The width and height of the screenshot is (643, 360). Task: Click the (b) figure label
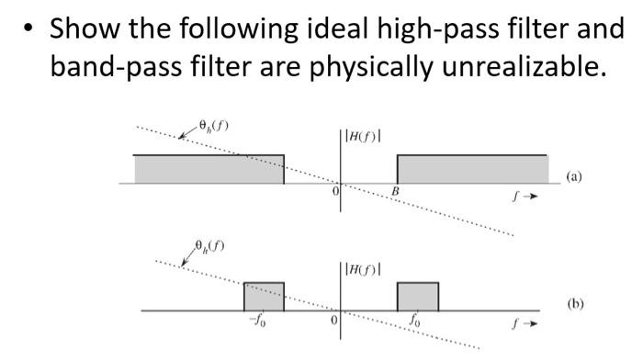click(x=576, y=302)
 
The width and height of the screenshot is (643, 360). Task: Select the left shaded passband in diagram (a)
click(x=209, y=169)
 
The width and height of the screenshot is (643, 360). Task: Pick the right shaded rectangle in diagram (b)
click(x=417, y=296)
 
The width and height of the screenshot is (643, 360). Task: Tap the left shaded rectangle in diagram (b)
click(x=264, y=296)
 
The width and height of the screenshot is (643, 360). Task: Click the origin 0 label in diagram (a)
click(x=335, y=191)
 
